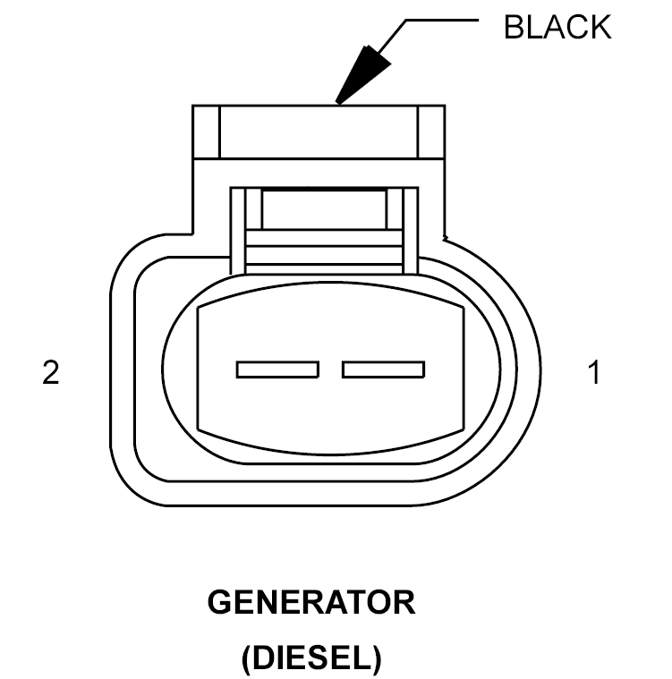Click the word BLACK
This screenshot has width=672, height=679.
coord(557,27)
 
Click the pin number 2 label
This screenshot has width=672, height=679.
coord(51,372)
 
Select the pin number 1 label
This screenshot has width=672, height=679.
coord(594,372)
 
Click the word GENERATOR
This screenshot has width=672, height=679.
coord(311,602)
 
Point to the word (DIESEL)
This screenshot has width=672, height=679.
coord(311,657)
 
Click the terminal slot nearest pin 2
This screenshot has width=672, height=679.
coord(277,369)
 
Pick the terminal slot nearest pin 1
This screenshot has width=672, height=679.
coord(384,369)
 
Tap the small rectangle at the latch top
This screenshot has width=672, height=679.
coord(324,209)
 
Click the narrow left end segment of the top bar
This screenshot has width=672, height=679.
coord(206,132)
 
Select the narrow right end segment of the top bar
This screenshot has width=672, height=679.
coord(431,132)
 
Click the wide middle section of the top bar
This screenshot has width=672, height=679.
coord(319,132)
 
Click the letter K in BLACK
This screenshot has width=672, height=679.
coord(600,27)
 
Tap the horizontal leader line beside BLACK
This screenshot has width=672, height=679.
coord(442,20)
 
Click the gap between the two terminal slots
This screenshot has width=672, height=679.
coord(330,369)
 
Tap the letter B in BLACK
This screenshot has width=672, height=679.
coord(515,27)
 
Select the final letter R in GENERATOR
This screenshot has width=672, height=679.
coord(404,602)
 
